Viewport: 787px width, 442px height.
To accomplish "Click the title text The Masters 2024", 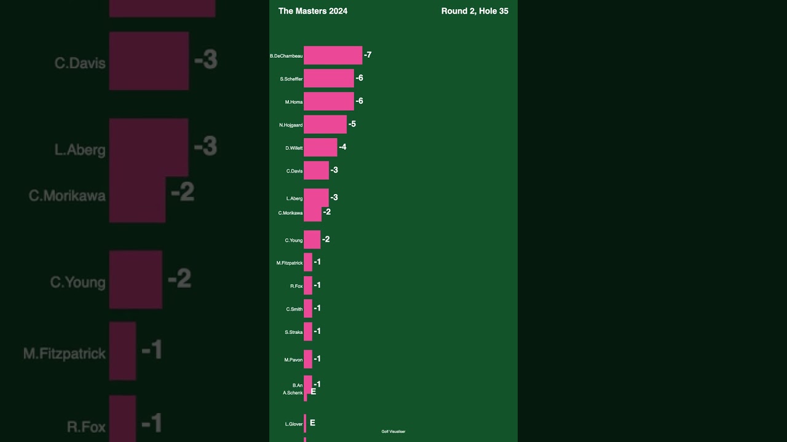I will pos(312,11).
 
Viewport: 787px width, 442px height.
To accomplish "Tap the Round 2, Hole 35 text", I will pos(474,11).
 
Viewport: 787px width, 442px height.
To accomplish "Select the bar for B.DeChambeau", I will pos(333,55).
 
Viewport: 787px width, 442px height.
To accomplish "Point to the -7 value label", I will pos(368,55).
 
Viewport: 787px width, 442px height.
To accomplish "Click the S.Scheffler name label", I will pos(291,79).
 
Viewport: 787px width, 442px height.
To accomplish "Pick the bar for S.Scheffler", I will pos(328,78).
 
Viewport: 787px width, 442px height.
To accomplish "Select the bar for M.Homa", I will pos(328,101).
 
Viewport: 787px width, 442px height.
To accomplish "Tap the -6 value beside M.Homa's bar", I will pos(359,101).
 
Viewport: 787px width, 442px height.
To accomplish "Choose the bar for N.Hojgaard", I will pos(325,124).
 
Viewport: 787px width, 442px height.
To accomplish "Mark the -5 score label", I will pos(352,124).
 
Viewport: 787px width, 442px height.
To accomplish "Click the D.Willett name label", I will pos(293,148).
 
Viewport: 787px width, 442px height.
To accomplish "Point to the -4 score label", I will pos(342,147).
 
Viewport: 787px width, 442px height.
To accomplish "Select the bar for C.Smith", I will pos(308,308).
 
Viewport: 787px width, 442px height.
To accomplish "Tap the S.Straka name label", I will pos(293,332).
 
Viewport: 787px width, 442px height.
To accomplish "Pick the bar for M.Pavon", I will pos(308,359).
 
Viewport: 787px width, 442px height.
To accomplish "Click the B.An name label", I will pos(297,386).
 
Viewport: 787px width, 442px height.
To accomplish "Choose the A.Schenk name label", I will pos(293,393).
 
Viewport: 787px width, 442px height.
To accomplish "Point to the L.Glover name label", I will pos(293,424).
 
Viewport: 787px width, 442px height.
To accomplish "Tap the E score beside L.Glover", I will pos(312,423).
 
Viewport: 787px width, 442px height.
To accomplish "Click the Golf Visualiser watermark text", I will pos(393,432).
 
